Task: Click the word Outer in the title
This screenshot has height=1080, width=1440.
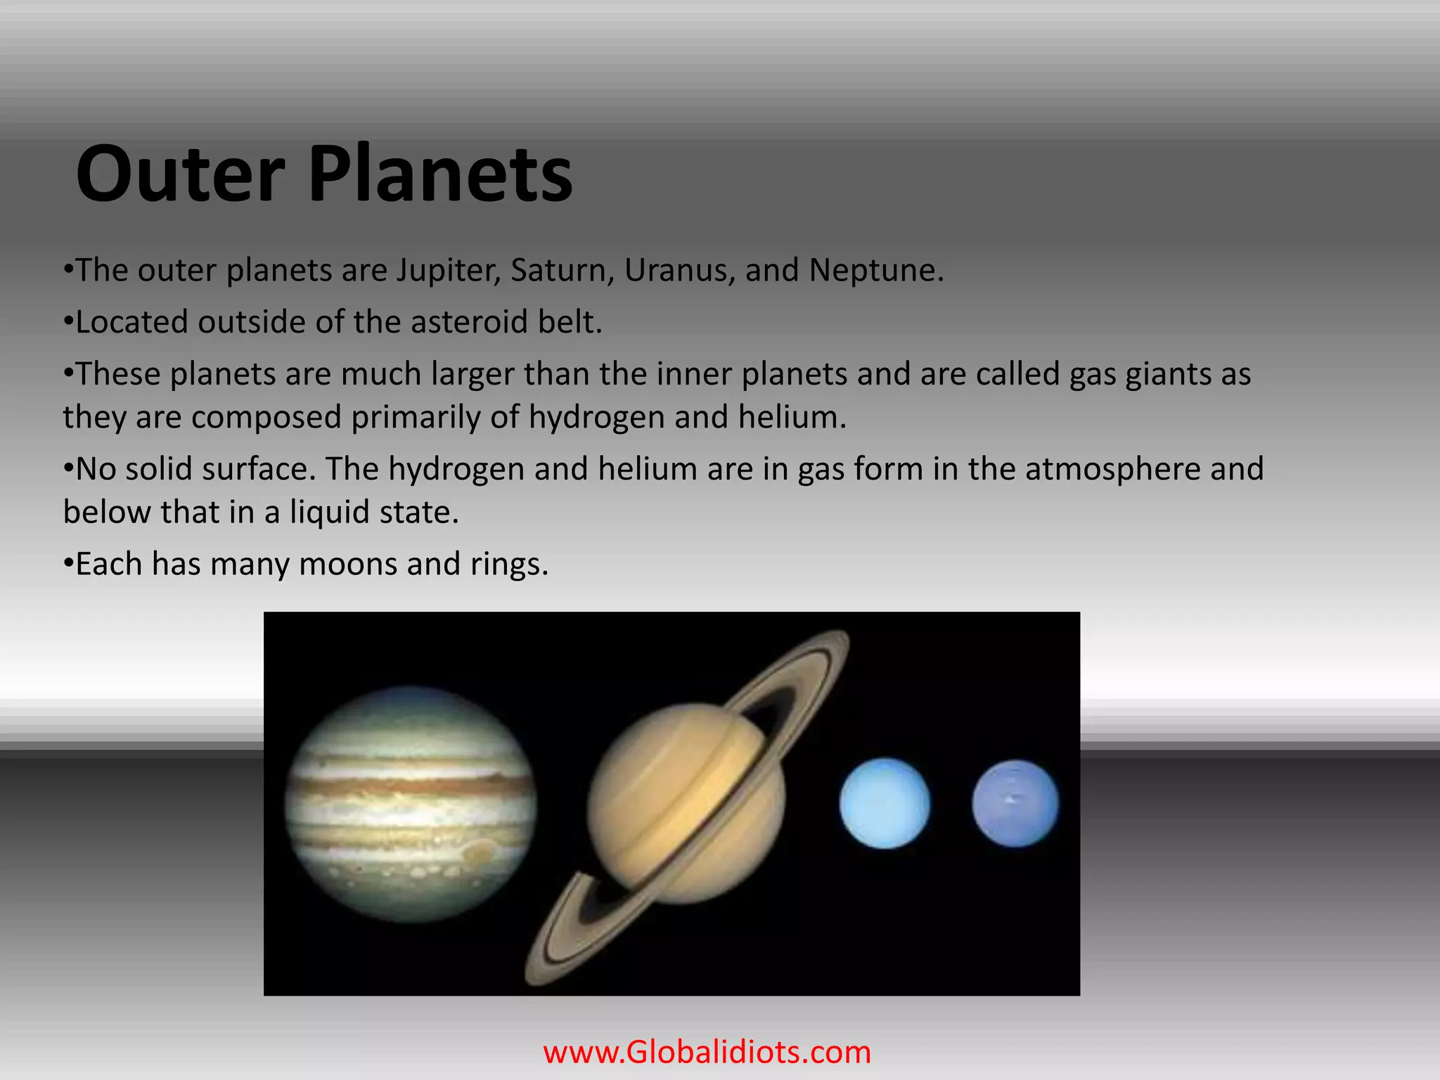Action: tap(180, 174)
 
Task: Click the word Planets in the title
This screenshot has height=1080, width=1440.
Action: tap(440, 174)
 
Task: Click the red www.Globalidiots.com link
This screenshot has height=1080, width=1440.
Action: tap(707, 1053)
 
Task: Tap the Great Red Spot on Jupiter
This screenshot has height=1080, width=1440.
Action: tap(480, 853)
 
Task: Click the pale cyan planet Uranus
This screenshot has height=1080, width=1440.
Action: tap(885, 804)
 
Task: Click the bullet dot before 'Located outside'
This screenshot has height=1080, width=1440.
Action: tap(68, 322)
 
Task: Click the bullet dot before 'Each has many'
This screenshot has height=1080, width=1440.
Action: tap(68, 564)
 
